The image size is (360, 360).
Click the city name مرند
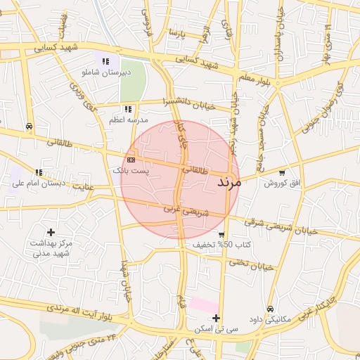[224, 182]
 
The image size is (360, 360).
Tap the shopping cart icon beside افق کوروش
[283, 172]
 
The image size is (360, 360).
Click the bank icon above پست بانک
[131, 160]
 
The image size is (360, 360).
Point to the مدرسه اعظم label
[127, 120]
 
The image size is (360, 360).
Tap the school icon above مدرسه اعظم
[127, 109]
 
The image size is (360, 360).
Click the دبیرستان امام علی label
[38, 184]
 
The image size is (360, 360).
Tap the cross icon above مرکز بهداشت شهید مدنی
[51, 231]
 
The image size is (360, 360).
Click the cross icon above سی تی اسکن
[217, 318]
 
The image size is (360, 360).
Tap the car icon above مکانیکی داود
[270, 309]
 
